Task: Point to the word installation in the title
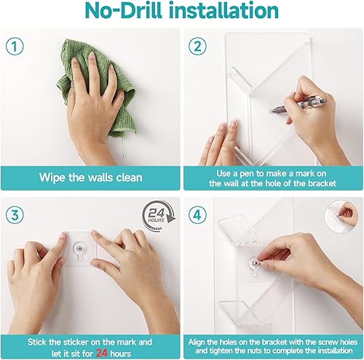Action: click(226, 13)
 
